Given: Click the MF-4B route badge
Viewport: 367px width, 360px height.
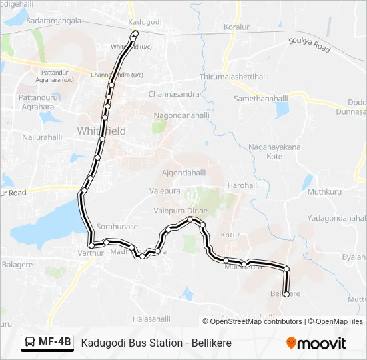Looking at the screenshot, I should pyautogui.click(x=47, y=342).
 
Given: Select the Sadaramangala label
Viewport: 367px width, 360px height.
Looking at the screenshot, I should pyautogui.click(x=54, y=21).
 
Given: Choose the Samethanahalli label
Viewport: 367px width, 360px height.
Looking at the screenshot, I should pyautogui.click(x=260, y=98).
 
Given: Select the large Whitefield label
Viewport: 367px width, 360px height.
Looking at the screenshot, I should pyautogui.click(x=101, y=131).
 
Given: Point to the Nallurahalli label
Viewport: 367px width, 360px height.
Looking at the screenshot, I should pyautogui.click(x=42, y=137).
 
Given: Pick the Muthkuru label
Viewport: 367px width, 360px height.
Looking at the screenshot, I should pyautogui.click(x=324, y=192).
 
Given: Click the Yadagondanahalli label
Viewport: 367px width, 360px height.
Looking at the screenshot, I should pyautogui.click(x=336, y=219).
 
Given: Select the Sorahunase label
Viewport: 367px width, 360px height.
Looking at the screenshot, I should pyautogui.click(x=117, y=227).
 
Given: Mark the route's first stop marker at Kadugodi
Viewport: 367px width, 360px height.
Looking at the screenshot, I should pyautogui.click(x=135, y=33).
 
